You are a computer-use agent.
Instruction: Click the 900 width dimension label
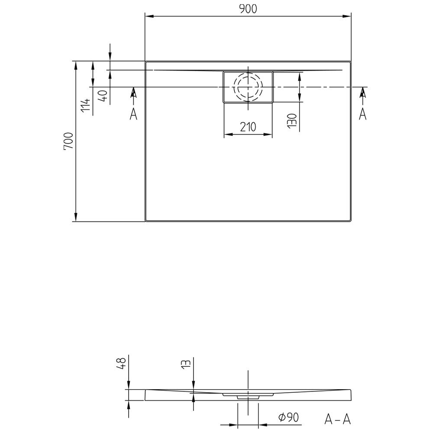click(x=248, y=9)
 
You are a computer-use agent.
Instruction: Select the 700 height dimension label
click(x=68, y=141)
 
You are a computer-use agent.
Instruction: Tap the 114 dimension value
click(x=86, y=105)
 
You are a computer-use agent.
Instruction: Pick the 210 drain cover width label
click(x=248, y=127)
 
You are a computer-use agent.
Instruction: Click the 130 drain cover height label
click(x=292, y=121)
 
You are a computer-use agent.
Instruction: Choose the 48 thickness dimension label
click(x=122, y=363)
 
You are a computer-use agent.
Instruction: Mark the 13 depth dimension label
click(x=186, y=363)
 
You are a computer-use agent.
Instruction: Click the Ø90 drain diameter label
click(x=288, y=417)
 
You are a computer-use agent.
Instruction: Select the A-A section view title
click(x=337, y=419)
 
